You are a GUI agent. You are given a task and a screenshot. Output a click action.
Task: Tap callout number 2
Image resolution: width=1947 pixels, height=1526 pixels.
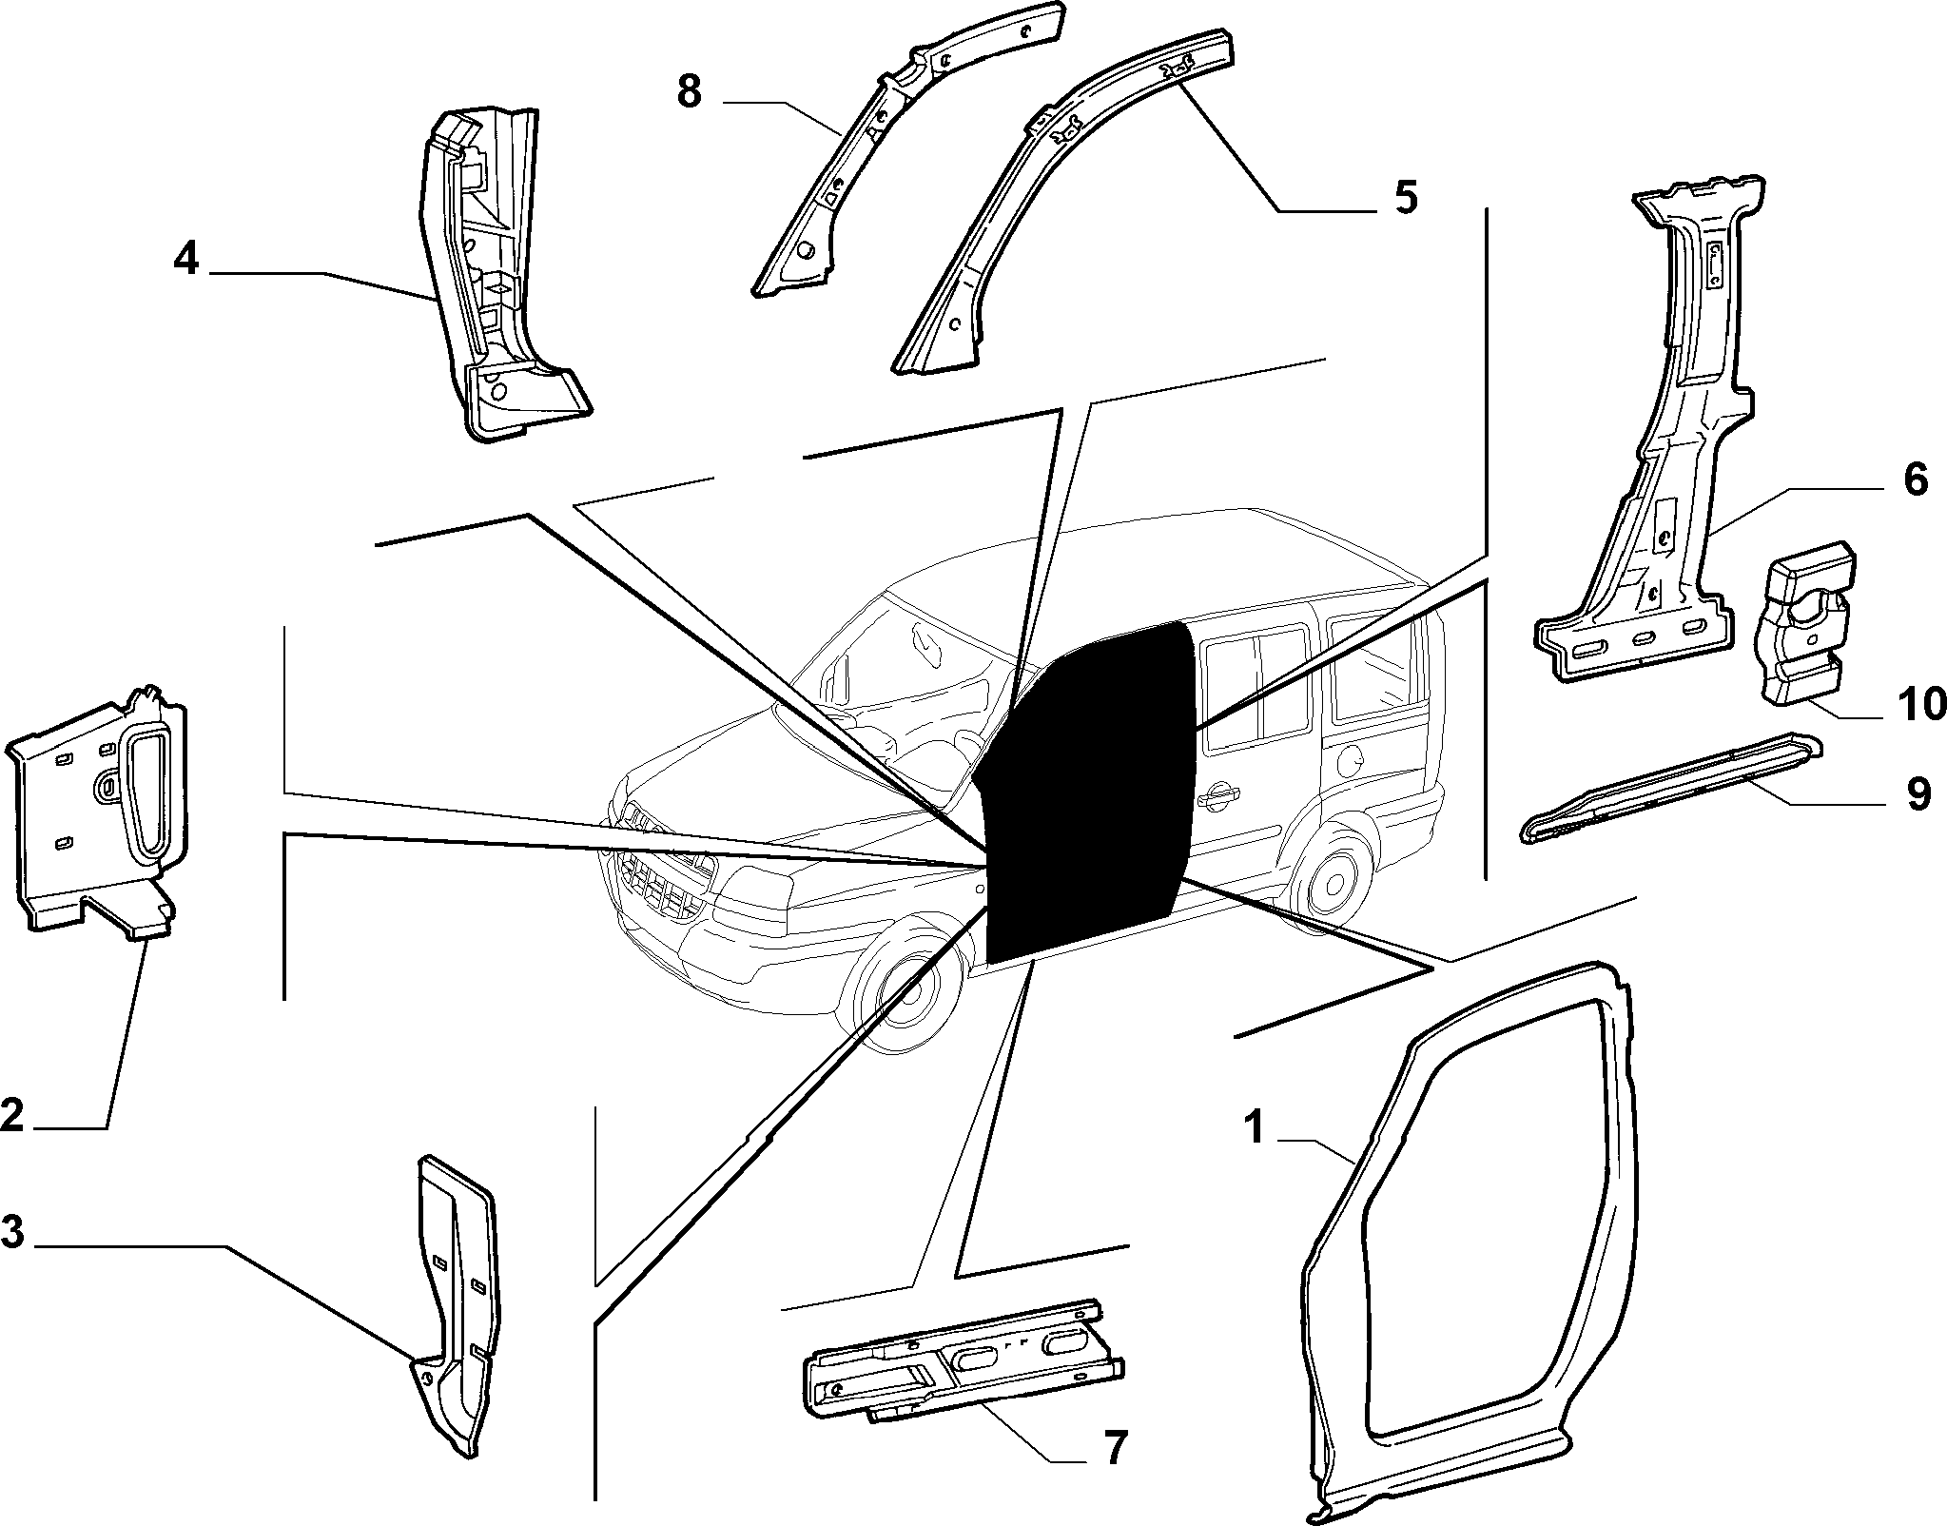tap(12, 1115)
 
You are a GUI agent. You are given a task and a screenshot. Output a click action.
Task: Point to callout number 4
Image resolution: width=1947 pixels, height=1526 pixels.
tap(186, 258)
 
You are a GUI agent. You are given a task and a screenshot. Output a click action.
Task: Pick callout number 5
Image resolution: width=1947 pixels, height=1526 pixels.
tap(1405, 197)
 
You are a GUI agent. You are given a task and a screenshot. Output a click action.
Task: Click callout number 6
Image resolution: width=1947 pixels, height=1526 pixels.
tap(1915, 479)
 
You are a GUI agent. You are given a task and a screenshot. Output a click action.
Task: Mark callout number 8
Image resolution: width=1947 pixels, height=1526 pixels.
tap(690, 92)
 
